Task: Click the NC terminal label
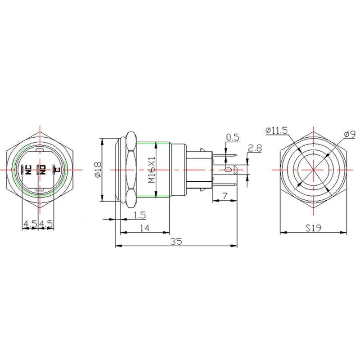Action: coord(27,170)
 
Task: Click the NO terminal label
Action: coord(43,170)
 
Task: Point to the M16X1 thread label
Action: coord(152,170)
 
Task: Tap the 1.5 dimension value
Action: coord(140,216)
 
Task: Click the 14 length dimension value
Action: coord(144,228)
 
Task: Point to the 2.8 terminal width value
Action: coord(255,148)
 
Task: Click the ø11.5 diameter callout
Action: coord(276,130)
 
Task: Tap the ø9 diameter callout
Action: coord(349,134)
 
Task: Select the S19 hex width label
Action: coord(313,228)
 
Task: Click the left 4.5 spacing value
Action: coord(30,223)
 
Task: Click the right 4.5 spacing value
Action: coord(46,223)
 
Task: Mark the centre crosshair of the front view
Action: coord(313,170)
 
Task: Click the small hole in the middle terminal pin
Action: coord(228,170)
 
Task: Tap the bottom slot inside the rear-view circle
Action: coord(40,191)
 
